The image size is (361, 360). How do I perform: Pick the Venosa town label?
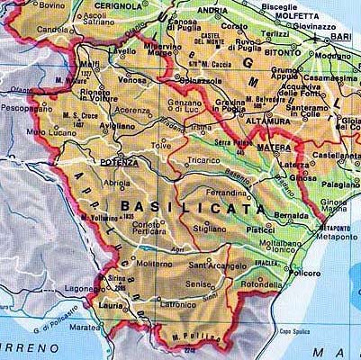click(131, 79)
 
